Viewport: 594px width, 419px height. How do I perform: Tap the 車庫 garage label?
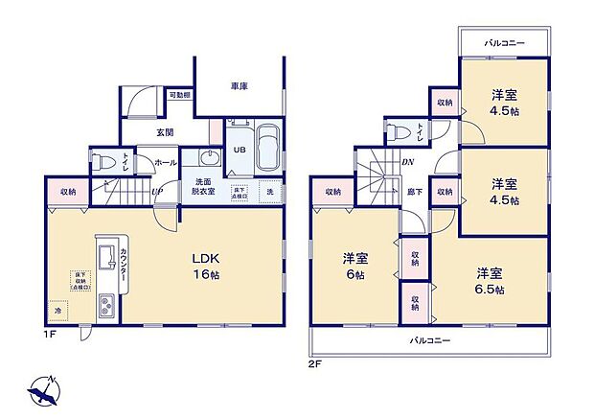[239, 87]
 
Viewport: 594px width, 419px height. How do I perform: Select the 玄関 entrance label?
[165, 131]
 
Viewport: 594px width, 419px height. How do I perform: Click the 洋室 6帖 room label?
[355, 266]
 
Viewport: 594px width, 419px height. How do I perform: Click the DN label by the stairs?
[407, 163]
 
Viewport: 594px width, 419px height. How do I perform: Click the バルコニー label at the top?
[503, 44]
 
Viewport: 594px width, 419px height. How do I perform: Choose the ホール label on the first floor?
[165, 163]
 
